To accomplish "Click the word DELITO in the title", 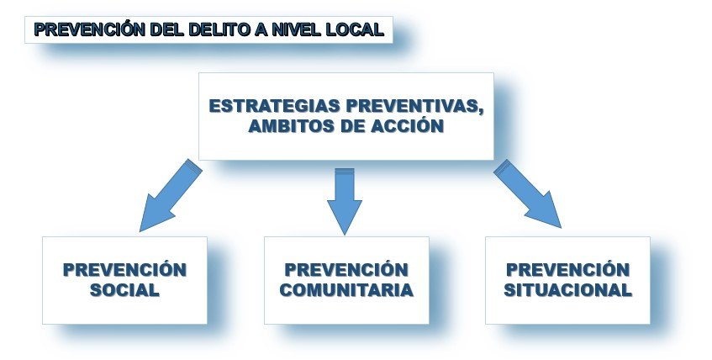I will (x=210, y=31).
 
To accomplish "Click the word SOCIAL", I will (x=124, y=291).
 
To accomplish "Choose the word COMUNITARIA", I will (x=346, y=291).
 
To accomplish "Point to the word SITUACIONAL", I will (x=567, y=291).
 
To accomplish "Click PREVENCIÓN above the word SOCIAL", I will (x=124, y=270).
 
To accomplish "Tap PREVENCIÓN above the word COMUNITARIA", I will (x=346, y=270).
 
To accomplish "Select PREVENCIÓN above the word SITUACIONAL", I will (x=567, y=270).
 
